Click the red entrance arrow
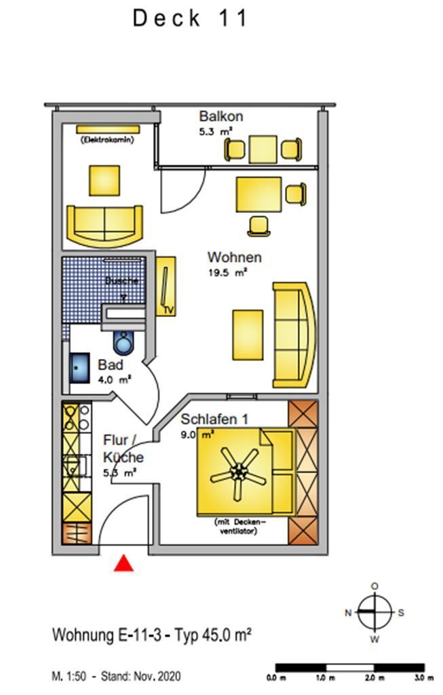(x=123, y=563)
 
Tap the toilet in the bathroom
(x=124, y=343)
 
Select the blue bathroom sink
(x=80, y=367)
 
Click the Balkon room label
(x=220, y=117)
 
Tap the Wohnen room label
(x=234, y=258)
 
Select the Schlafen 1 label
(x=209, y=419)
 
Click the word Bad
(x=110, y=365)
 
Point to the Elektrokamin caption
(x=107, y=140)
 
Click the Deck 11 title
(x=191, y=18)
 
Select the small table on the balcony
(x=263, y=149)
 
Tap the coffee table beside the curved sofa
(x=248, y=335)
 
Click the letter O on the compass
(x=374, y=586)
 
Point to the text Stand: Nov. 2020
(x=141, y=677)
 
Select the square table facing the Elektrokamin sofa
(x=105, y=180)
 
